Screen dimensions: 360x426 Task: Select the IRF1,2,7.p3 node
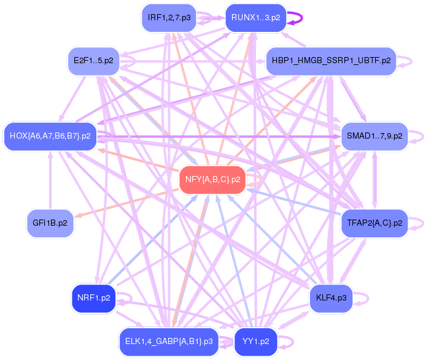tap(168, 18)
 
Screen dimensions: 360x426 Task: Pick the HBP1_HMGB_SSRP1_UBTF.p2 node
tap(330, 61)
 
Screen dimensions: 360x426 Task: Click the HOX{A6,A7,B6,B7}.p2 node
tap(50, 136)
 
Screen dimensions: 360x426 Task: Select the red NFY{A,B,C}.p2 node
tap(212, 180)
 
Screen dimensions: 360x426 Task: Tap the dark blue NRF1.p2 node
tap(93, 298)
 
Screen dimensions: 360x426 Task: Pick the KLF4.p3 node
tap(331, 298)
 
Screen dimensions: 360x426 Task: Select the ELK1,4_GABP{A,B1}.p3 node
tap(169, 341)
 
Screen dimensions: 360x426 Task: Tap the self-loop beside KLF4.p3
tap(366, 298)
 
